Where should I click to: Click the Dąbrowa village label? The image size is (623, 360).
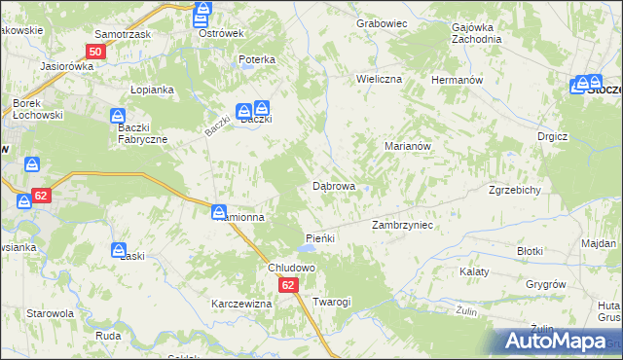333,185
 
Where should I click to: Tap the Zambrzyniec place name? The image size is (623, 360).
402,225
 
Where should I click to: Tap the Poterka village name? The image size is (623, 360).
257,59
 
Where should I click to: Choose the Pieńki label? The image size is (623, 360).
320,238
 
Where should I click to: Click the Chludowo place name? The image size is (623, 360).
293,268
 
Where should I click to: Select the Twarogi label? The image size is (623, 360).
331,302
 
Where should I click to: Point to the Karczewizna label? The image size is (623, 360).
241,304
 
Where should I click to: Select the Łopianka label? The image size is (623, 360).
152,90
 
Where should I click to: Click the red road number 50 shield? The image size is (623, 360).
94,52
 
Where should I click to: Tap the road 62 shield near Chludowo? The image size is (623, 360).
288,285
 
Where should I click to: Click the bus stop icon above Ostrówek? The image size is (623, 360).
202,14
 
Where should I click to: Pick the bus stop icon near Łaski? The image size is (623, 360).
119,250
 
